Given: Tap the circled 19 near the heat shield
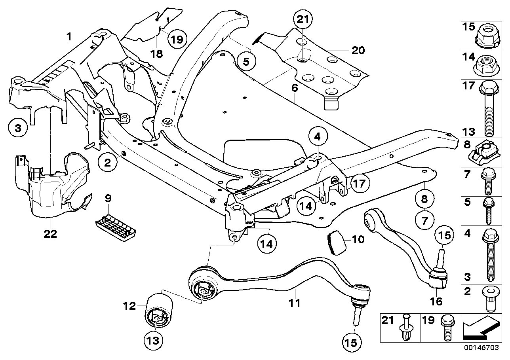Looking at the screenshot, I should (177, 39).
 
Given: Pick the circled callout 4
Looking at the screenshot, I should (318, 138).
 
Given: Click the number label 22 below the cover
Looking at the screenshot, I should (51, 234).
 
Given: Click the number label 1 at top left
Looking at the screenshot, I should (69, 37).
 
